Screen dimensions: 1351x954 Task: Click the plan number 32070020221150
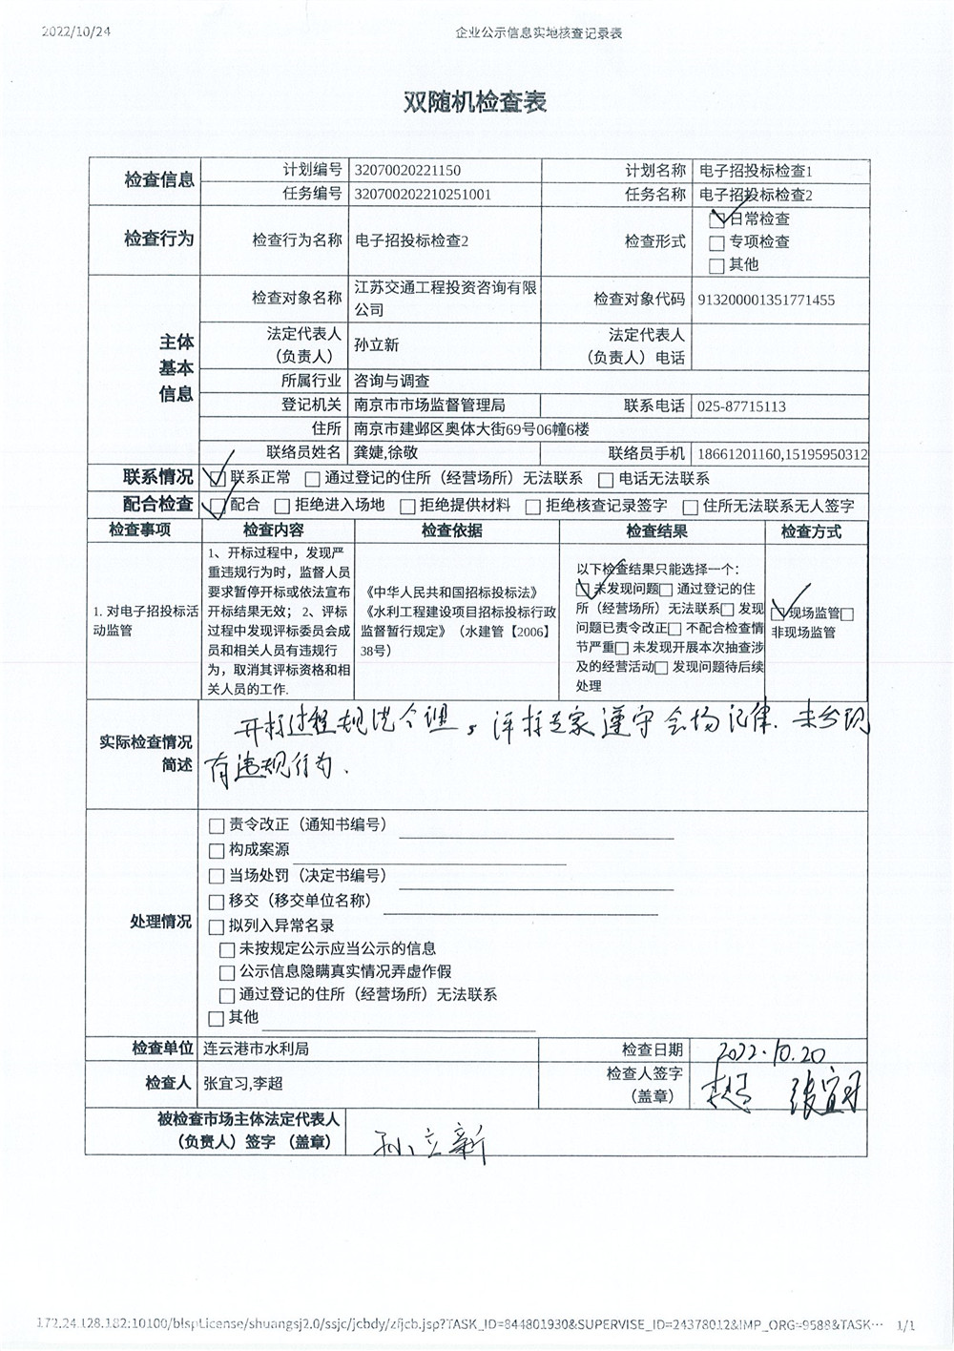click(x=406, y=171)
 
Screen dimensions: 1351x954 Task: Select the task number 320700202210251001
click(x=422, y=194)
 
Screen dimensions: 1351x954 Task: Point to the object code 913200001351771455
click(x=766, y=300)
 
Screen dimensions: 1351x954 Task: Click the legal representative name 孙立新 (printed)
click(x=376, y=345)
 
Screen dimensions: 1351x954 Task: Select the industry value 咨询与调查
click(x=391, y=381)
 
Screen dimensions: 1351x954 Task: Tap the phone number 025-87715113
click(x=741, y=406)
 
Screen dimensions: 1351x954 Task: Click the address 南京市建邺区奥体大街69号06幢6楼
click(x=471, y=429)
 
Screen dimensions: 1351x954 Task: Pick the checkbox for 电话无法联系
click(x=606, y=480)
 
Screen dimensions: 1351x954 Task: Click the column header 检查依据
click(x=451, y=531)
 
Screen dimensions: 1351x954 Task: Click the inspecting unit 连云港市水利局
click(x=256, y=1049)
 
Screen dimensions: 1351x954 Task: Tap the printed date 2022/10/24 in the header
click(x=76, y=31)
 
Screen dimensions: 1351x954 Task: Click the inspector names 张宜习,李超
click(x=242, y=1084)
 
